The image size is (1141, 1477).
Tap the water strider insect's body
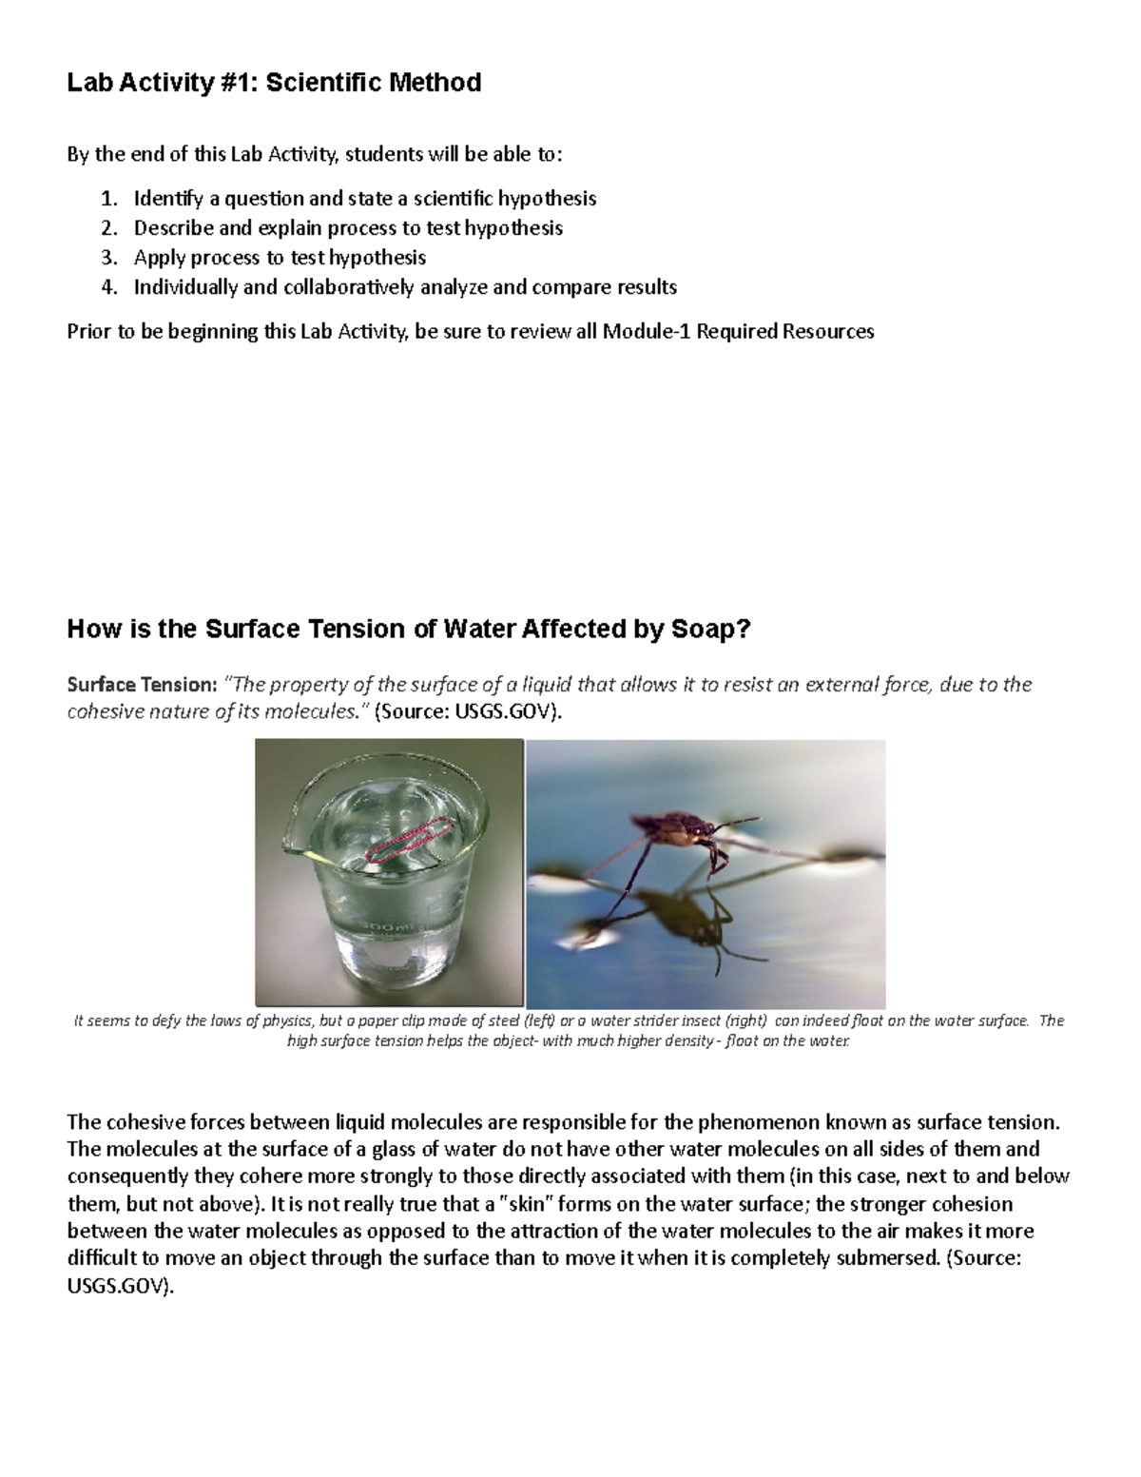(687, 829)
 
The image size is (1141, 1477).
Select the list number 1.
(109, 199)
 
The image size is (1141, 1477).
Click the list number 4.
(109, 287)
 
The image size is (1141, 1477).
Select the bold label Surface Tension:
(142, 685)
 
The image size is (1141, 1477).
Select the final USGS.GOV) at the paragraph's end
(121, 1287)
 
